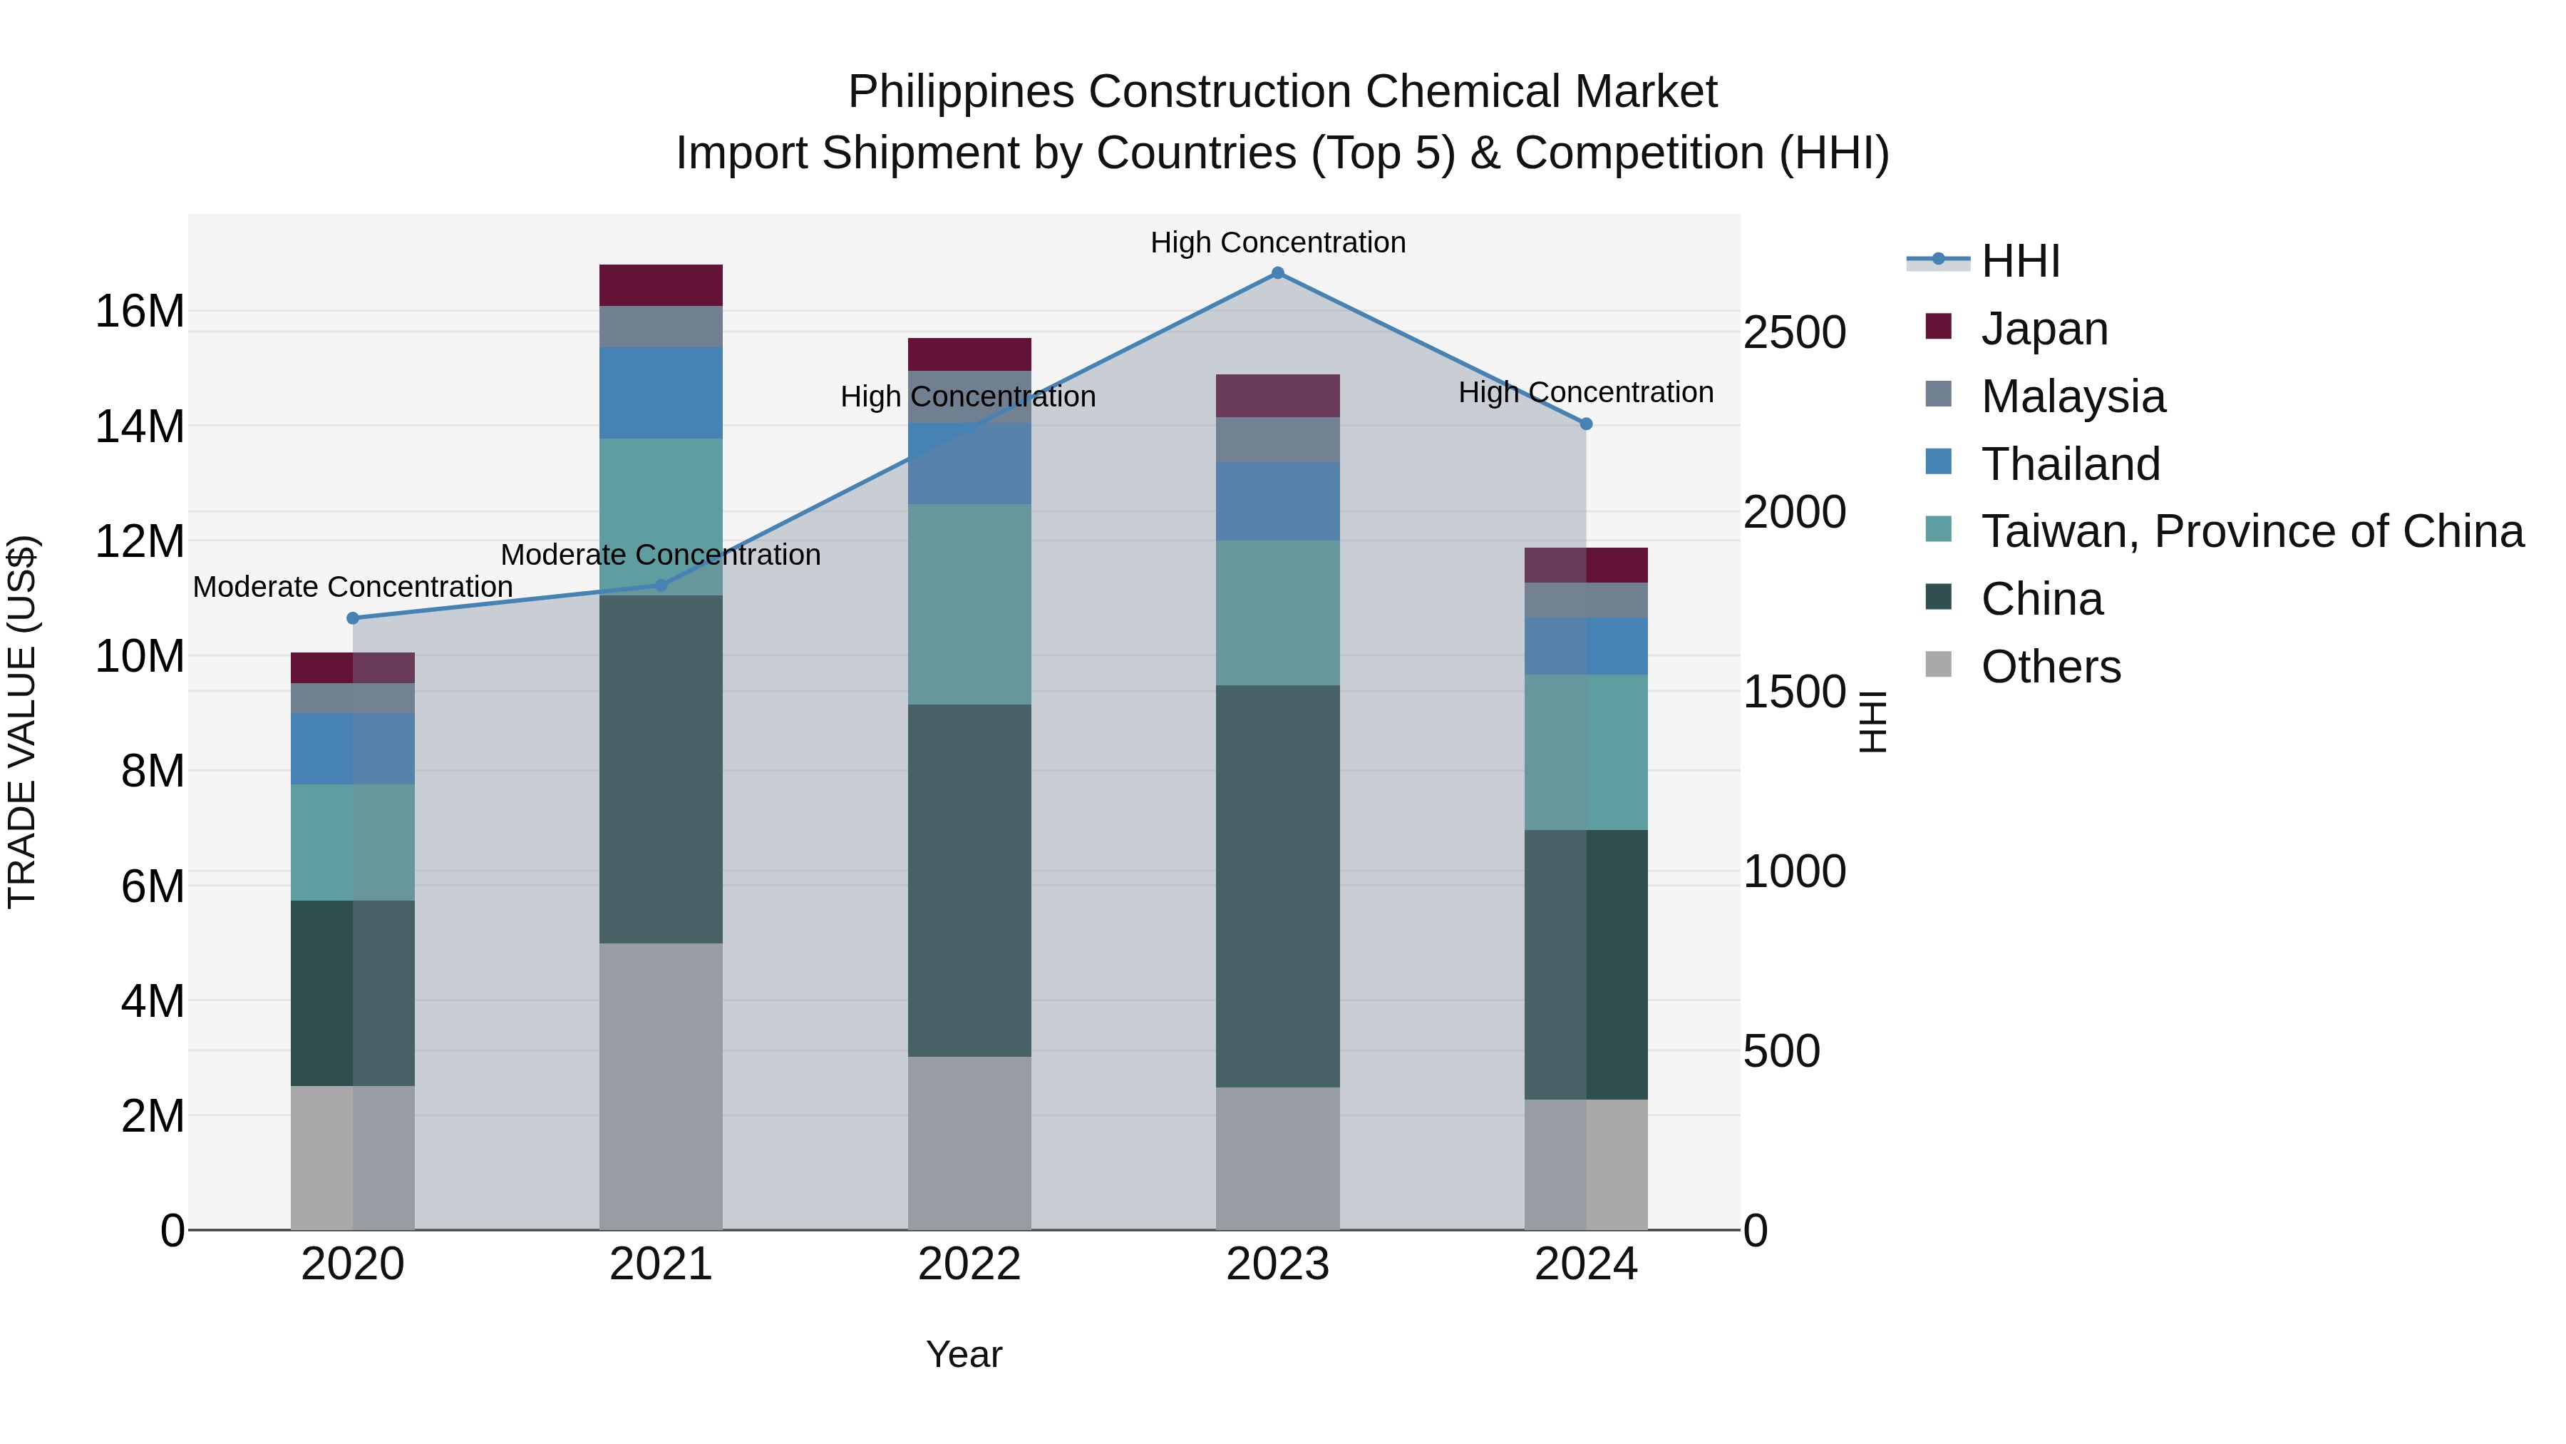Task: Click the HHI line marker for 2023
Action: click(x=1278, y=273)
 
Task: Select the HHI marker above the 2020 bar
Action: click(x=353, y=618)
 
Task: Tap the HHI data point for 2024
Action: click(x=1587, y=424)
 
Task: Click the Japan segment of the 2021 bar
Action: click(x=661, y=285)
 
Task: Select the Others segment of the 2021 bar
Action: click(x=661, y=1086)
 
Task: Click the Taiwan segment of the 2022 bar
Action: click(x=969, y=604)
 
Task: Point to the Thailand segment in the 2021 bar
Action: click(x=661, y=393)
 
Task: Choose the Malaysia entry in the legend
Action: click(x=2072, y=396)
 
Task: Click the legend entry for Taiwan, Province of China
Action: click(x=2251, y=531)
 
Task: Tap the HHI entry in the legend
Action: click(x=2020, y=261)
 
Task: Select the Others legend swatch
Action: click(x=1939, y=665)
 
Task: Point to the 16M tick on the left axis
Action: click(x=140, y=312)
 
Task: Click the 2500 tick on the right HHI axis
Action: click(x=1794, y=333)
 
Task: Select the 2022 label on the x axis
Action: click(x=969, y=1264)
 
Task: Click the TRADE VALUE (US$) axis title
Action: click(x=22, y=722)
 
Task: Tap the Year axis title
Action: click(x=963, y=1354)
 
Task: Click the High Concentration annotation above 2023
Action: click(x=1278, y=242)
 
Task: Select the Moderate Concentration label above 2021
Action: click(x=661, y=555)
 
